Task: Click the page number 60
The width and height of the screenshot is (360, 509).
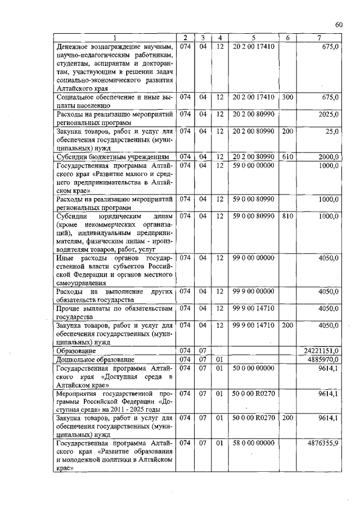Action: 339,24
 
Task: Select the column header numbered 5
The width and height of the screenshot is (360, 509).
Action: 254,38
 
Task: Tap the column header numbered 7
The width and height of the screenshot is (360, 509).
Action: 319,38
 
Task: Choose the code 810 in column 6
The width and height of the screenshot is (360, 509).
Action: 287,215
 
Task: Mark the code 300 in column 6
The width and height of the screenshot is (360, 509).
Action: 287,97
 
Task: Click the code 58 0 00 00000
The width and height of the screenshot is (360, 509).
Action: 253,443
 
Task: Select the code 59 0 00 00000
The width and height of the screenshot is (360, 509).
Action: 253,165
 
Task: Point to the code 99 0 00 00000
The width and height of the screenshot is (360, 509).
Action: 253,258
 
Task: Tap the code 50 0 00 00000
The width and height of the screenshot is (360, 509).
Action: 253,368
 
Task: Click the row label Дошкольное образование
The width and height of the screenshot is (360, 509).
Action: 94,359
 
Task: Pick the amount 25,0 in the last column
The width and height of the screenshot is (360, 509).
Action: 331,131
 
